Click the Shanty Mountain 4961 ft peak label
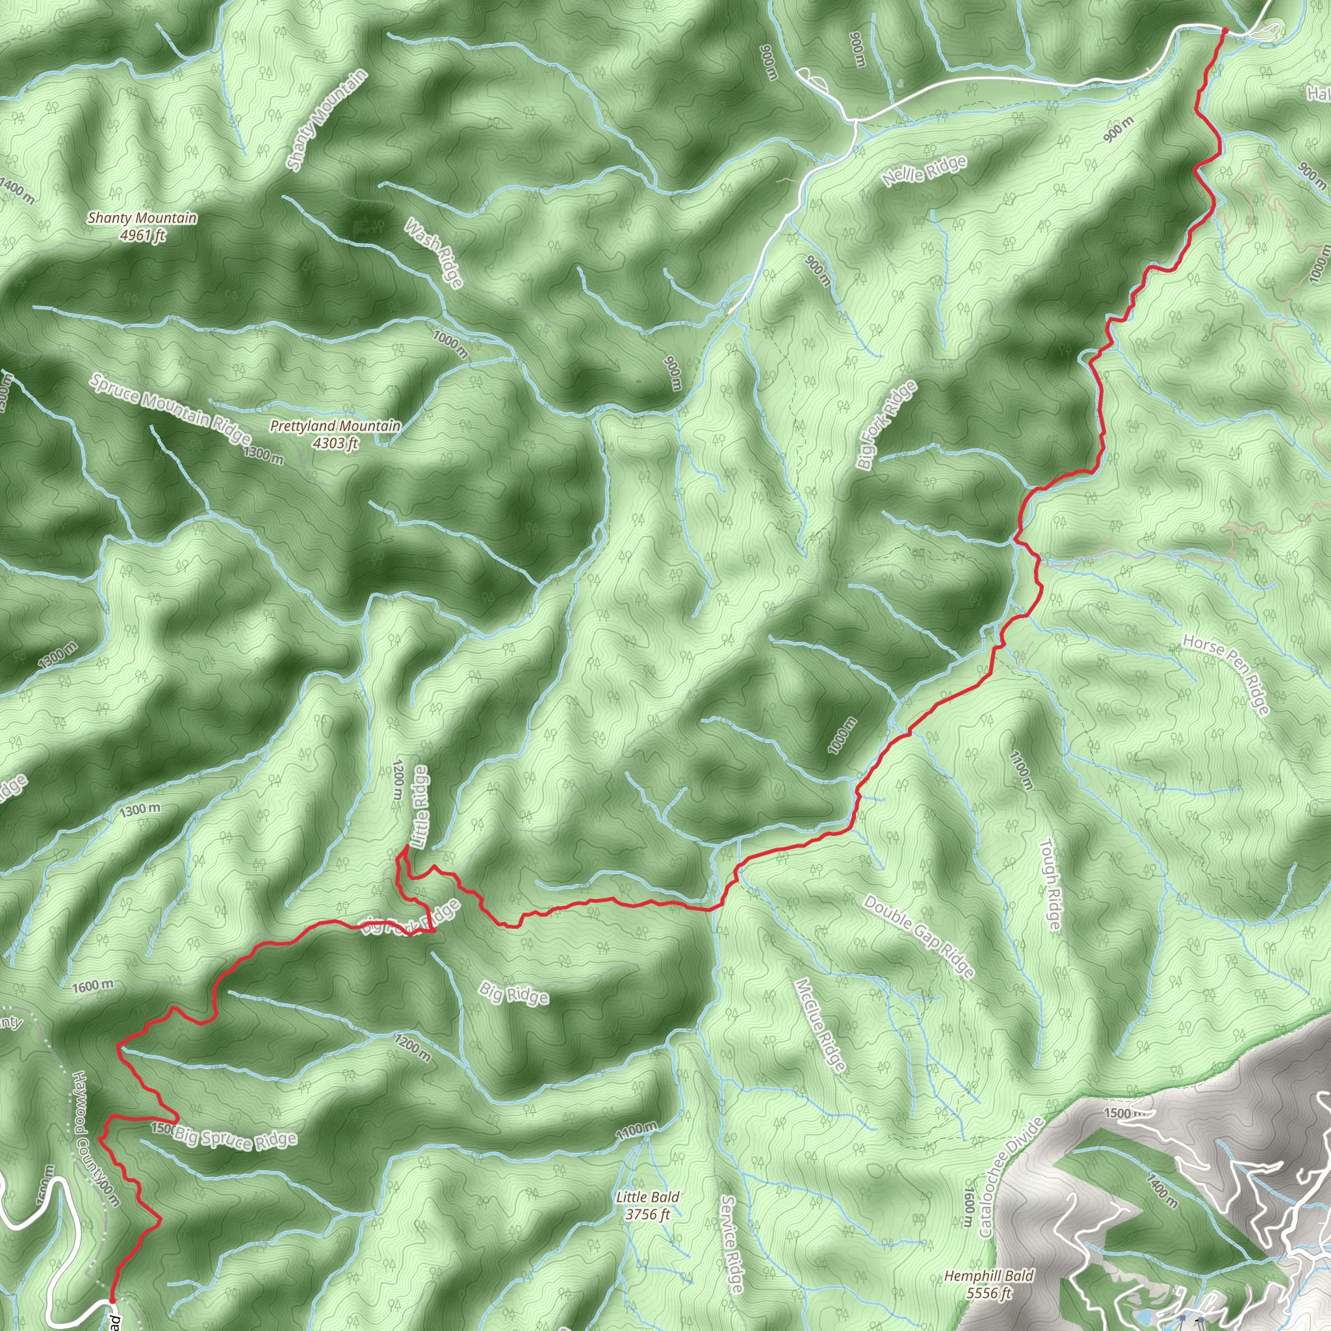(x=142, y=227)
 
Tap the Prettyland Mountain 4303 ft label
(x=335, y=435)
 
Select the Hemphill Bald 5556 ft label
(x=989, y=1284)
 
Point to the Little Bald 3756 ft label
(x=647, y=1206)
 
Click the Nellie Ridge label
(x=924, y=171)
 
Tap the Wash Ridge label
(x=433, y=253)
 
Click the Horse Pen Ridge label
(x=1226, y=675)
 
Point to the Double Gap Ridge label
(x=919, y=937)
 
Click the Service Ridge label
(x=732, y=1244)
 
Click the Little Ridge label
(x=420, y=807)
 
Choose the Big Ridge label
(x=514, y=994)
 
